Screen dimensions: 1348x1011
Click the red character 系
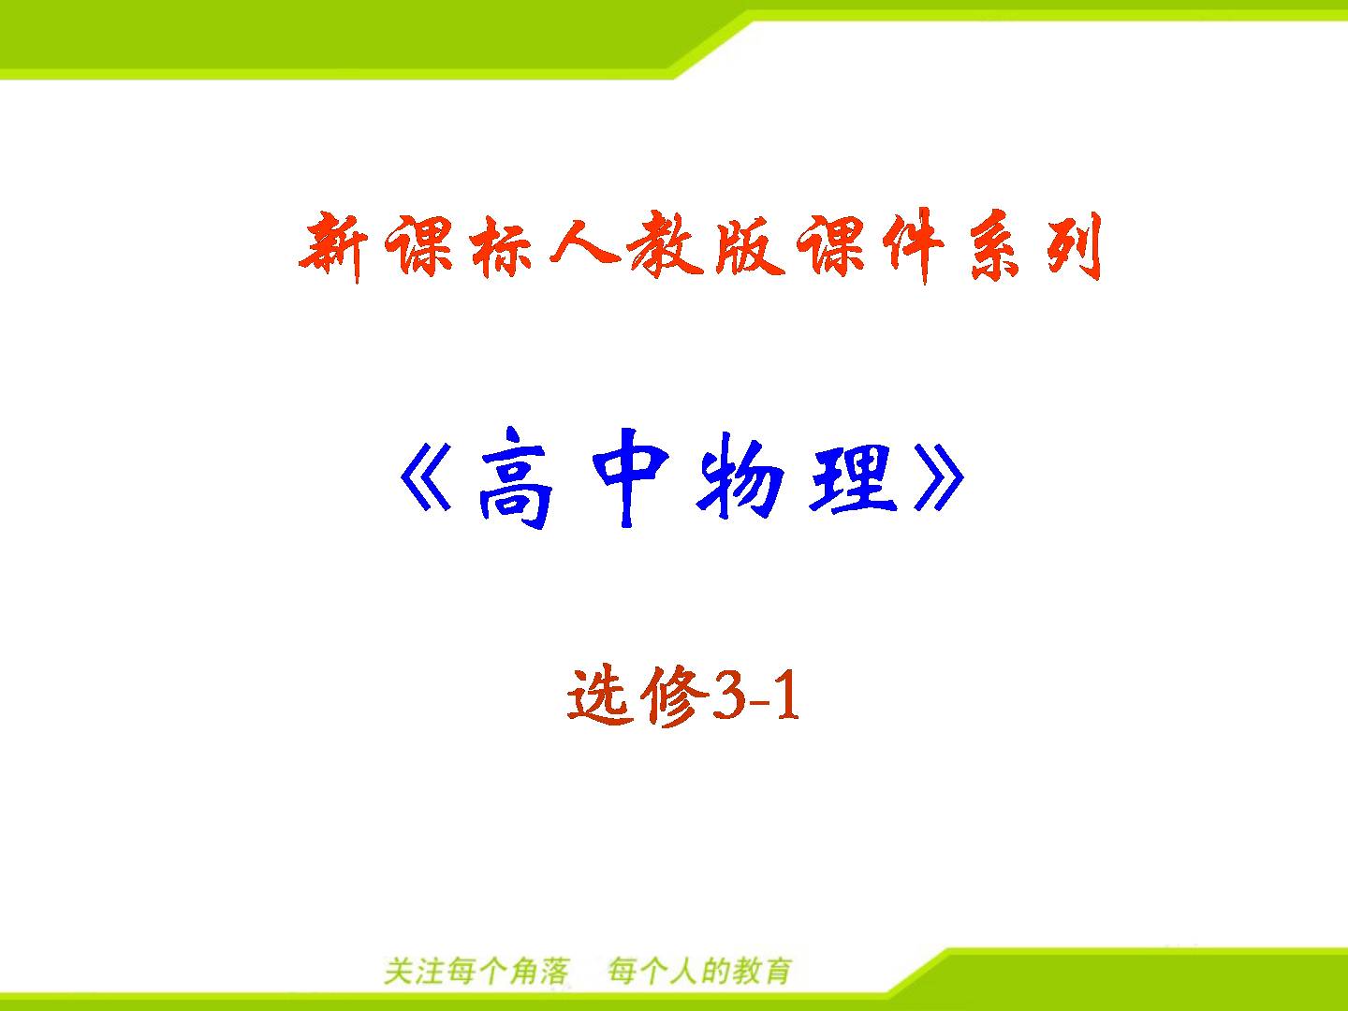click(995, 247)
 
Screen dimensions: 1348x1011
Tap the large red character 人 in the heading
click(584, 240)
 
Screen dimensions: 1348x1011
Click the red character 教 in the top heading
click(667, 245)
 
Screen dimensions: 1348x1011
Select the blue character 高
click(515, 478)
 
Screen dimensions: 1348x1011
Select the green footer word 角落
click(540, 972)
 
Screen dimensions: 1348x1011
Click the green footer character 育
click(777, 972)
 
